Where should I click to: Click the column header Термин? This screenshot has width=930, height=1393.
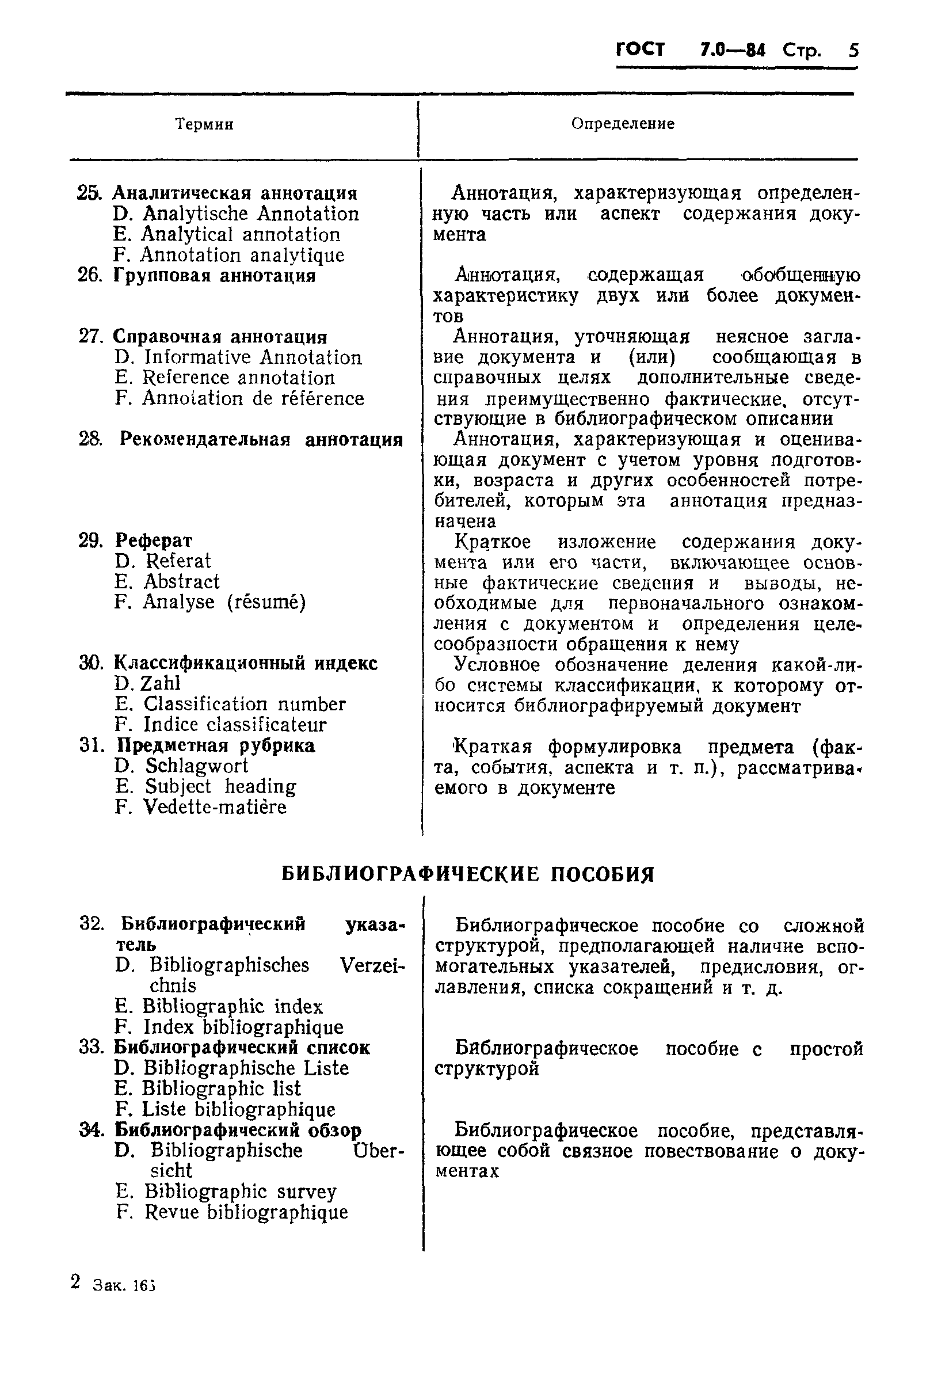click(204, 124)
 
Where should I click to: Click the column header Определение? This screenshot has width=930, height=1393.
click(622, 124)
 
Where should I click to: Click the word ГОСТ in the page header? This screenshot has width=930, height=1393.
click(641, 50)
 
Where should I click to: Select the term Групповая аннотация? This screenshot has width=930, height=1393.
click(214, 276)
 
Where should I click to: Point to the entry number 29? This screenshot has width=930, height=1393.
click(91, 541)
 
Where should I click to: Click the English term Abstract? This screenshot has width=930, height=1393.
click(181, 581)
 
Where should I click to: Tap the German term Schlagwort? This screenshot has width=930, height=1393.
click(197, 766)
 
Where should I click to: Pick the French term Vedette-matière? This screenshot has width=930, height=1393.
click(215, 808)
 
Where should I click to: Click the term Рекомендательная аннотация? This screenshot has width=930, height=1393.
click(261, 440)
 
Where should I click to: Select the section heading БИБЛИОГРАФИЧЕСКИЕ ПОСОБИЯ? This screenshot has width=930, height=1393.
click(467, 874)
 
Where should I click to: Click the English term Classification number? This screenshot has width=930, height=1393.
click(245, 704)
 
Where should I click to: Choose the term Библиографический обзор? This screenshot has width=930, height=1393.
click(238, 1130)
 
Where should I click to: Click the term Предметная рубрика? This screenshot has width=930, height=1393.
click(216, 745)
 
